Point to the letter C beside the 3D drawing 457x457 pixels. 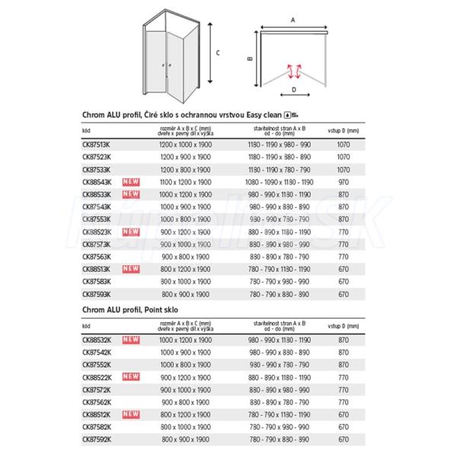tap(218, 53)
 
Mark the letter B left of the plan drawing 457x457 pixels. tap(250, 58)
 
